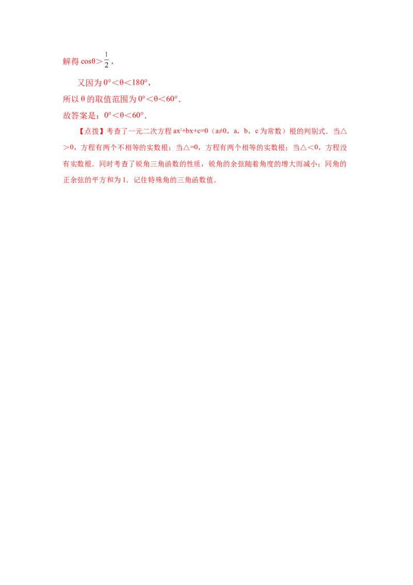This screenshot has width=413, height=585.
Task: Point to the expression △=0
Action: [x=184, y=148]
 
